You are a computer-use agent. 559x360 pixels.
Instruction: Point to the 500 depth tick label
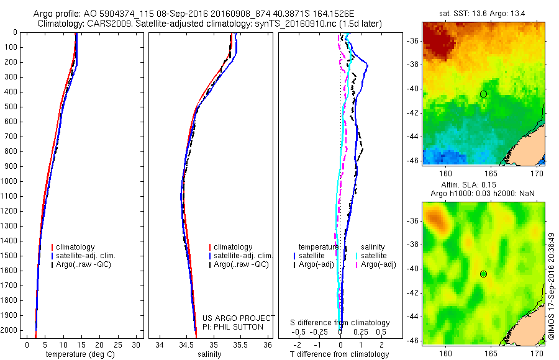pos(11,107)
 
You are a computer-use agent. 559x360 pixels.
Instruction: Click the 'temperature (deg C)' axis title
pos(79,354)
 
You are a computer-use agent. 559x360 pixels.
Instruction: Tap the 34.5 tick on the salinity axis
pos(186,344)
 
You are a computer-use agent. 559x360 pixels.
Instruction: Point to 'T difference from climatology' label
pos(339,354)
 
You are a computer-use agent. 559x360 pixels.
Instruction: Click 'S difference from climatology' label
pos(340,323)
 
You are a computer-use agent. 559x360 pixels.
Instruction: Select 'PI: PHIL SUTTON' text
pos(233,326)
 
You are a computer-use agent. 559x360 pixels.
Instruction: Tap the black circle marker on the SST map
pos(483,94)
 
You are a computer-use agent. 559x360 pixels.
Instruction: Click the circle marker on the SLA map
pos(483,274)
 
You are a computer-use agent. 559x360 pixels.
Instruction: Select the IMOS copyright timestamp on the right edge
pos(552,292)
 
